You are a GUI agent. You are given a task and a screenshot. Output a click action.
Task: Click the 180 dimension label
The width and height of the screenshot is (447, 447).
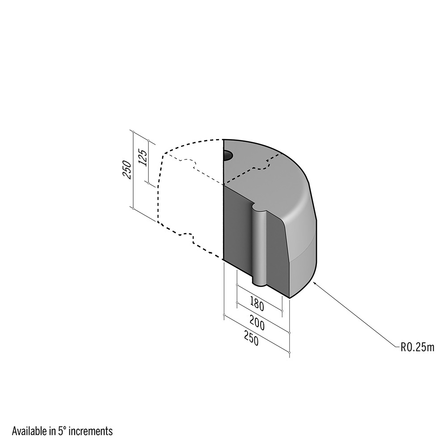click(257, 304)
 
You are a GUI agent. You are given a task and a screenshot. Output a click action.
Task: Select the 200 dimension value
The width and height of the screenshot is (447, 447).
click(257, 323)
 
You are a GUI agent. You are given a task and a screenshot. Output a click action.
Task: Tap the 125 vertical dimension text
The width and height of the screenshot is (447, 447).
click(143, 158)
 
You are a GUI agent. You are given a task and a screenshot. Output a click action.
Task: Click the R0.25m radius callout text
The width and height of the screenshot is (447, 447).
click(417, 347)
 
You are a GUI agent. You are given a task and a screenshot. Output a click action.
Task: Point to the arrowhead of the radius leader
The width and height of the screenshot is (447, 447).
click(314, 283)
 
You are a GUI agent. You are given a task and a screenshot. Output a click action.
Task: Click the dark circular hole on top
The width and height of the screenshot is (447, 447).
click(228, 156)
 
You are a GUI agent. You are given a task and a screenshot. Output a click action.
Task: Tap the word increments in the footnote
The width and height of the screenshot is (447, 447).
click(91, 431)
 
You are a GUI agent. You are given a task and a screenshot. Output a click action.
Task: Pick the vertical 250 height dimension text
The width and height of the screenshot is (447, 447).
click(127, 170)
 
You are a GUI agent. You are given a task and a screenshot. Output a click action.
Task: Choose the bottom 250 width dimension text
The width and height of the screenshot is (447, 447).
click(251, 338)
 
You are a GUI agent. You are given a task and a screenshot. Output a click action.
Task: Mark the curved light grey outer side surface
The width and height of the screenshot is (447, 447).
click(302, 242)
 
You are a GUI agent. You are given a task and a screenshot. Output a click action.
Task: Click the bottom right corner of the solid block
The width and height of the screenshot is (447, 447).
click(290, 298)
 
